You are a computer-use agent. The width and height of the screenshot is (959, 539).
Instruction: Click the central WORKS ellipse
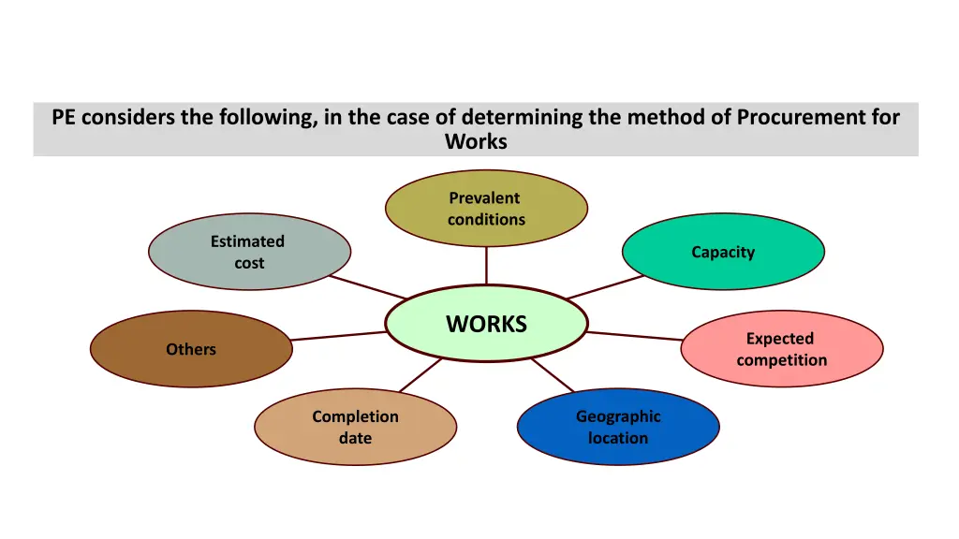[486, 324]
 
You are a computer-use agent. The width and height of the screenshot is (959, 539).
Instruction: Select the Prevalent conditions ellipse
[486, 209]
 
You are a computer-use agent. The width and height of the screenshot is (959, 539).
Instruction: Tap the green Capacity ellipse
[723, 252]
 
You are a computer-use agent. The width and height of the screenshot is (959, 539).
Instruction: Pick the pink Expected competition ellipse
[781, 349]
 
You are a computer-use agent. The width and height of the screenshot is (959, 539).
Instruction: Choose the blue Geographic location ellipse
[618, 428]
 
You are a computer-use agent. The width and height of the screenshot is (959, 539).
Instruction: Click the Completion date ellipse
[355, 428]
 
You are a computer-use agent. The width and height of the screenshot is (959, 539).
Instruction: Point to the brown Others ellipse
[191, 349]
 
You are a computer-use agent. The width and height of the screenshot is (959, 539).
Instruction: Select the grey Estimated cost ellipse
[249, 252]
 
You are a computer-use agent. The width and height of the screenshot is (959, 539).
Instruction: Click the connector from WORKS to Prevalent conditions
[486, 266]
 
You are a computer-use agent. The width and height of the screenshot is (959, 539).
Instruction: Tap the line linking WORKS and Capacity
[606, 287]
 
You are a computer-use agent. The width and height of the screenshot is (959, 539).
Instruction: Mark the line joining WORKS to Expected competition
[635, 335]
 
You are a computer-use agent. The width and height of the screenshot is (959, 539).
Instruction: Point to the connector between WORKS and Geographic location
[553, 375]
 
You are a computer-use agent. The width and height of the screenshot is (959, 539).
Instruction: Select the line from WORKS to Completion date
[420, 375]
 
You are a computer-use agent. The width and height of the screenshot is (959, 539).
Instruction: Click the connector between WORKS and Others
[338, 335]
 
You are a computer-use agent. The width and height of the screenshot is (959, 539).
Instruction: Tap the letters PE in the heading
[64, 118]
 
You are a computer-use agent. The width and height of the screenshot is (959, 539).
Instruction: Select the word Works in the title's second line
[476, 142]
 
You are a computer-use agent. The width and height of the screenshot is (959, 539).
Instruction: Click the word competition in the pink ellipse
[781, 360]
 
